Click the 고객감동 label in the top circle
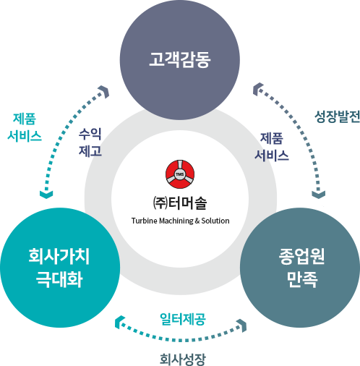coord(180,59)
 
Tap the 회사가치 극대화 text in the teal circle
coord(59,268)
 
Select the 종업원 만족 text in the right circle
coord(301,268)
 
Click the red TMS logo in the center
coord(180,174)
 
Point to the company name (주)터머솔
coord(180,203)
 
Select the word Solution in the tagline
coord(215,221)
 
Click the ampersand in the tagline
coord(197,221)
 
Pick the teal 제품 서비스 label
coord(25,127)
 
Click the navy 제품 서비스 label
coord(272,147)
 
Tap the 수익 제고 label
coord(90,142)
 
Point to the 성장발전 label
coord(337,116)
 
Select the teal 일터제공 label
coord(183,319)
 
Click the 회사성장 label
coord(183,359)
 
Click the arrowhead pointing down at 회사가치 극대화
coord(46,195)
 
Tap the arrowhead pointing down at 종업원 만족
coord(319,195)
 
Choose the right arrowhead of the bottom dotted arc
coord(242,325)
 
